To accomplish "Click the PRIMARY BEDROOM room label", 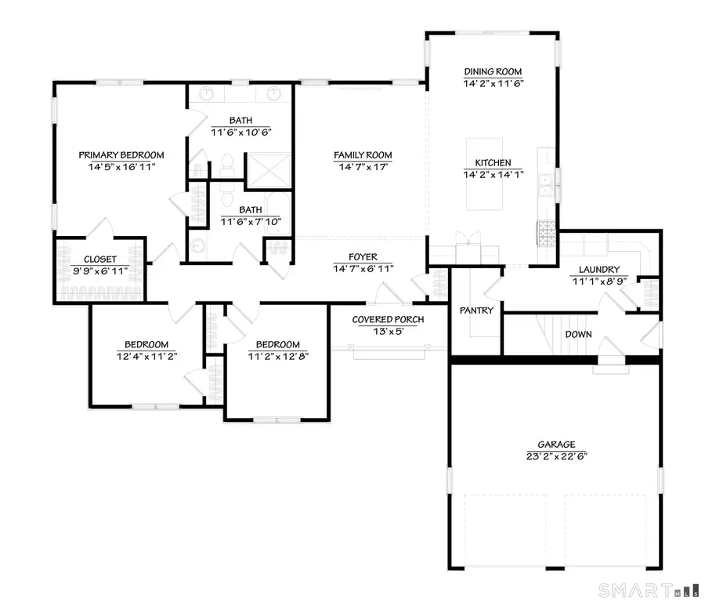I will tap(121, 154).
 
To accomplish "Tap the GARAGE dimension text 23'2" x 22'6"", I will tap(556, 456).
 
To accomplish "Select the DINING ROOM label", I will tap(493, 71).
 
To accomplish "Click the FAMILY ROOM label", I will tap(363, 155).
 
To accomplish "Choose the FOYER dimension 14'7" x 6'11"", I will tap(363, 268).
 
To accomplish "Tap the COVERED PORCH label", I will tap(388, 319).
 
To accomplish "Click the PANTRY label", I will tap(476, 311).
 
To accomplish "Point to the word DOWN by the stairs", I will tap(578, 334).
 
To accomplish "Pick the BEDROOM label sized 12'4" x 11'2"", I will tap(146, 344).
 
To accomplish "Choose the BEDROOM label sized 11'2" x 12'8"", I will tap(277, 344).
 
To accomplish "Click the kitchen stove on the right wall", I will tap(545, 231).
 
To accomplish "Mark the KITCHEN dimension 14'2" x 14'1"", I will tap(493, 174).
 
